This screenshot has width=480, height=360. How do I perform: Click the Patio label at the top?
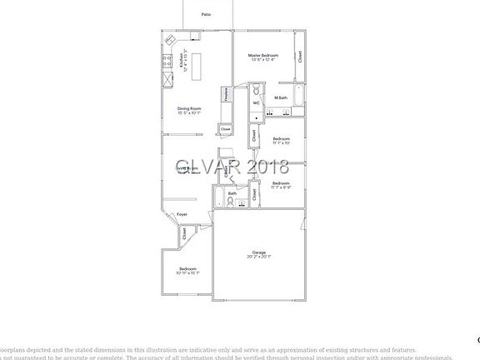point(206,15)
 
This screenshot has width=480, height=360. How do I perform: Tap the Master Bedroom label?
point(262,56)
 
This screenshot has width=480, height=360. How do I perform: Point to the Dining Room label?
point(189,108)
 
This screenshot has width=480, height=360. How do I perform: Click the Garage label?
point(259,252)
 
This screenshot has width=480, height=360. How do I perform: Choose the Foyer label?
point(182,214)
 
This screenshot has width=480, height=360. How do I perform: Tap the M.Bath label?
point(281,98)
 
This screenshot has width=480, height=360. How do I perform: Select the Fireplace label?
point(227,95)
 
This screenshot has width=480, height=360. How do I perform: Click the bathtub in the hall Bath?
point(219,199)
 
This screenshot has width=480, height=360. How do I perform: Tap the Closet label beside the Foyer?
point(185,235)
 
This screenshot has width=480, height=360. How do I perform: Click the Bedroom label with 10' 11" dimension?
point(188,268)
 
